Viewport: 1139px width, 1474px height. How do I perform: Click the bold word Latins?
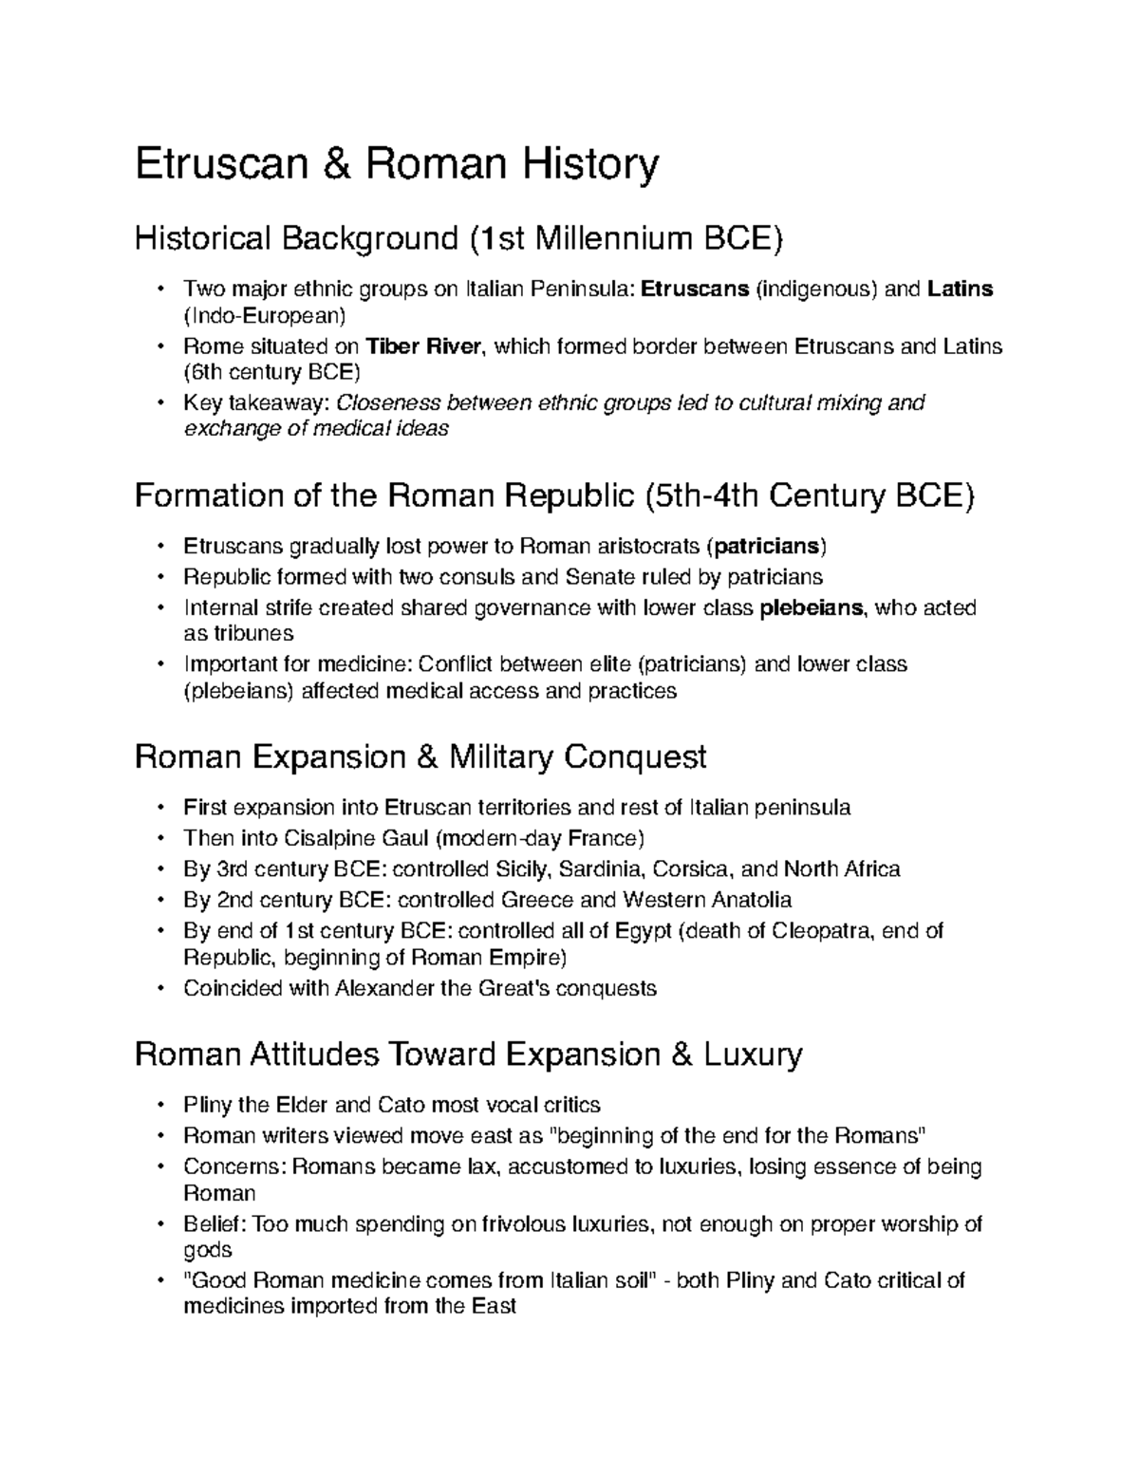click(961, 289)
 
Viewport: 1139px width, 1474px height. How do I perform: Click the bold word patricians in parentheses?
click(767, 547)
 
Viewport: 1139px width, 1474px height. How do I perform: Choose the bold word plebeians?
click(813, 607)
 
